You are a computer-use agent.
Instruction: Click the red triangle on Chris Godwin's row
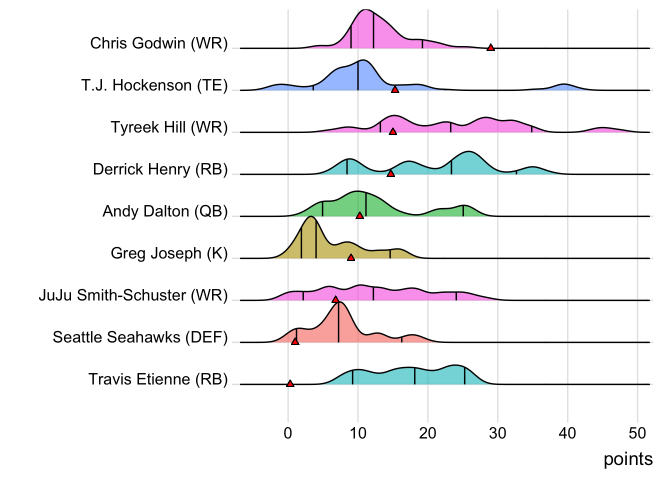coord(490,47)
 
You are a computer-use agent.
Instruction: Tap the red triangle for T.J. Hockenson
coord(395,89)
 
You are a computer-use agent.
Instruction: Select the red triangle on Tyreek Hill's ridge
coord(393,131)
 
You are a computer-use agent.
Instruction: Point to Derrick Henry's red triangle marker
coord(390,173)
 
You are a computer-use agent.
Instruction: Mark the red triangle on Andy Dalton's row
coord(359,215)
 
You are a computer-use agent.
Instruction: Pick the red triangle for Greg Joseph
coord(351,257)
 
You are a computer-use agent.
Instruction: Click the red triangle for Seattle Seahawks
coord(295,341)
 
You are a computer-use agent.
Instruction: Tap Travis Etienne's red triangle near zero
coord(290,383)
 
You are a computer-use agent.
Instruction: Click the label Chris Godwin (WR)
coord(158,43)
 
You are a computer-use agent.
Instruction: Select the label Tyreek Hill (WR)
coord(169,127)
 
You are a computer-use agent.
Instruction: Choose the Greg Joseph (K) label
coord(169,253)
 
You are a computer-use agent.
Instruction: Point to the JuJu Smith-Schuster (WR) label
coord(133,295)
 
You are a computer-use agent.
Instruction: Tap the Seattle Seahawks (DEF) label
coord(140,337)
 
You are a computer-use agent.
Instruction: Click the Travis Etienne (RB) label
coord(158,379)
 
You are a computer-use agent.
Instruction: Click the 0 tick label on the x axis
coord(288,433)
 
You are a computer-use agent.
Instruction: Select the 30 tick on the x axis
coord(497,433)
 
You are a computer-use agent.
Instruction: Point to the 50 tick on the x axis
coord(637,433)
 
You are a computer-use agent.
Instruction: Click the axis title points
coord(628,459)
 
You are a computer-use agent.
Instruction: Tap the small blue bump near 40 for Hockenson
coord(564,87)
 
